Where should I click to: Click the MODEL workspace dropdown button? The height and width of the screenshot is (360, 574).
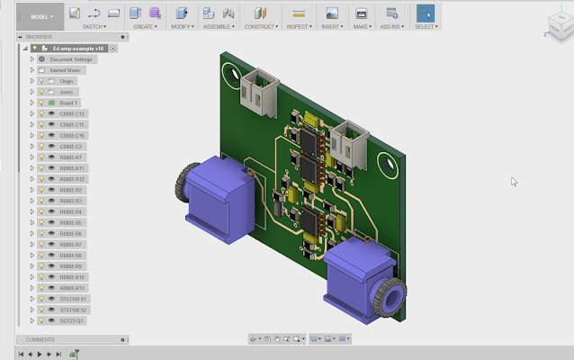(43, 15)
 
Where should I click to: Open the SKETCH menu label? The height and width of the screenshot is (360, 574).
(94, 27)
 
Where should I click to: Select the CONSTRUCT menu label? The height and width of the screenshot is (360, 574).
(260, 27)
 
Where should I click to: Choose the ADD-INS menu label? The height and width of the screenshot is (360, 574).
(391, 27)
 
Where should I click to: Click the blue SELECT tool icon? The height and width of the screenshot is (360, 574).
(425, 13)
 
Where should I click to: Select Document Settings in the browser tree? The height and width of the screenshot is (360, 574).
(70, 59)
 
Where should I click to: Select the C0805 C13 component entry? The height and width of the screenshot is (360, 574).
(72, 114)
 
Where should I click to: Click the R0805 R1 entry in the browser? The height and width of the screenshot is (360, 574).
(71, 157)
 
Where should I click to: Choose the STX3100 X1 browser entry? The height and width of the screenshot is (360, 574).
(72, 299)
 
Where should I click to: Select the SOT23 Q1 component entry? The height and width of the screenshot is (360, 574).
(71, 320)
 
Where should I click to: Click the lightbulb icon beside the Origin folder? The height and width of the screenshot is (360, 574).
(40, 81)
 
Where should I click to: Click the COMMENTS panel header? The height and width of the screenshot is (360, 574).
(40, 340)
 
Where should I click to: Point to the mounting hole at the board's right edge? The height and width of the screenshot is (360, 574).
(390, 164)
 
